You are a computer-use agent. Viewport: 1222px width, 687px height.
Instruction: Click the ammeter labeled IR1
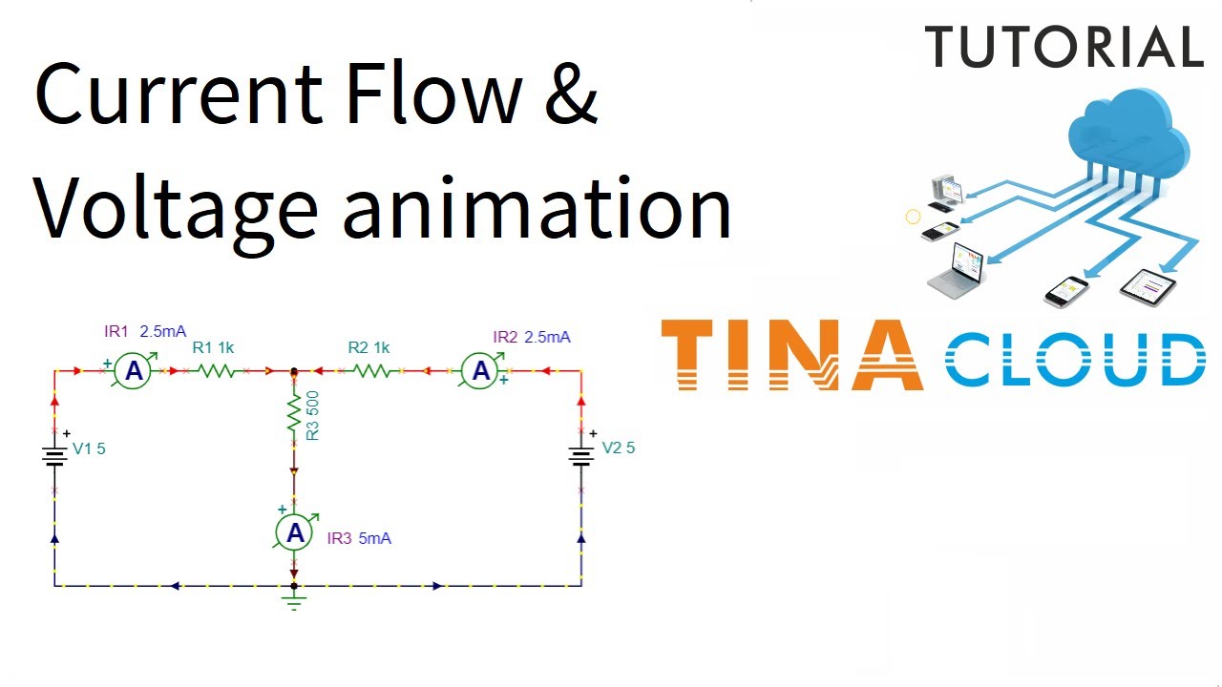(134, 371)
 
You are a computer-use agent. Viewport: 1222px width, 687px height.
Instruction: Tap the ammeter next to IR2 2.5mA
(481, 371)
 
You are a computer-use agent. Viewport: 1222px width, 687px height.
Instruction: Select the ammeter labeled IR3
(295, 532)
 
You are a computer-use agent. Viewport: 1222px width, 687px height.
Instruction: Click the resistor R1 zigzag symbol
(217, 371)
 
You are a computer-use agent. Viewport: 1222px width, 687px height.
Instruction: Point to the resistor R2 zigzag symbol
(371, 371)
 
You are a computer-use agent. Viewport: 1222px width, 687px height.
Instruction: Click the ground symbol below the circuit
(295, 600)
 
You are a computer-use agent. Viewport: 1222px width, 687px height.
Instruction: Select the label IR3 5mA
(359, 538)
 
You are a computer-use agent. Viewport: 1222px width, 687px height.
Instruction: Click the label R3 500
(312, 416)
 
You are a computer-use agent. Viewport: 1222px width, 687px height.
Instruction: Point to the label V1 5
(89, 448)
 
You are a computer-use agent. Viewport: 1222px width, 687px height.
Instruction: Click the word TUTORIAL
(1064, 47)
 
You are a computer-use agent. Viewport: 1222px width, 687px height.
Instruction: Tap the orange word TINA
(791, 356)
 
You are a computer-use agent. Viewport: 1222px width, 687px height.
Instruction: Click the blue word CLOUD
(1075, 360)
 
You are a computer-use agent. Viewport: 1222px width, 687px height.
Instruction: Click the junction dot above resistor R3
(294, 371)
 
